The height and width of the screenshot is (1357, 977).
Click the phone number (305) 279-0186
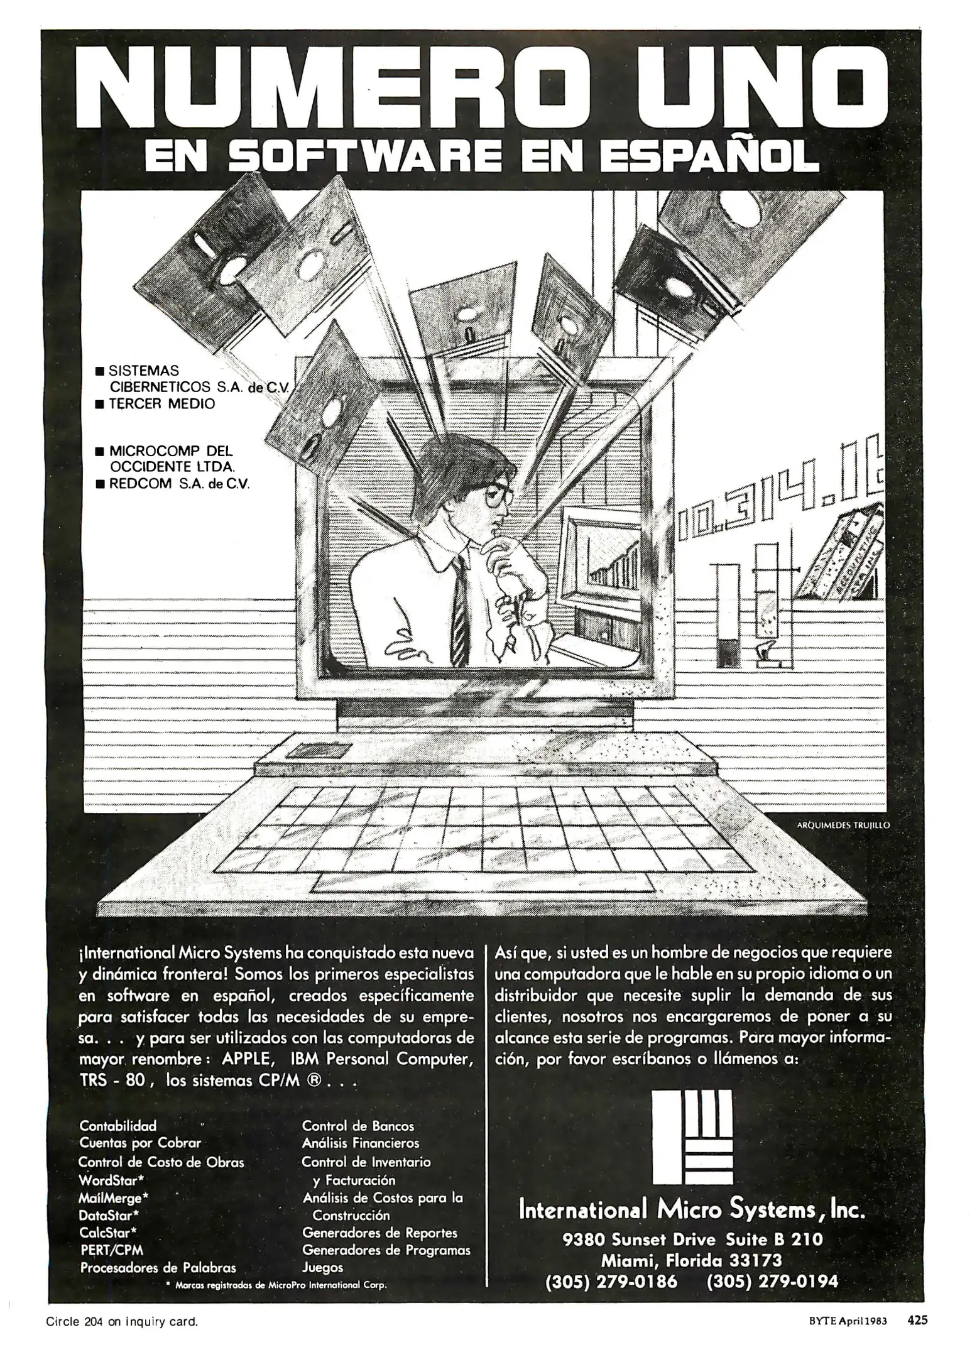coord(611,1281)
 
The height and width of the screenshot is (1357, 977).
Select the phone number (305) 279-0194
coord(772,1281)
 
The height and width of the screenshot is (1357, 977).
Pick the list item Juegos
coord(322,1267)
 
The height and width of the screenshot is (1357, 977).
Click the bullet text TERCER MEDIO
coord(162,404)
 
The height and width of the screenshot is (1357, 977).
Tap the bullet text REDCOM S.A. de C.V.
coord(180,484)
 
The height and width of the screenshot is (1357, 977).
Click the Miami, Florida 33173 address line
coord(691,1260)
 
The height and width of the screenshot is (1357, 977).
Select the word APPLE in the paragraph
coord(246,1059)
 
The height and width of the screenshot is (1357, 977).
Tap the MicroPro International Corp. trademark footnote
coord(276,1285)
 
